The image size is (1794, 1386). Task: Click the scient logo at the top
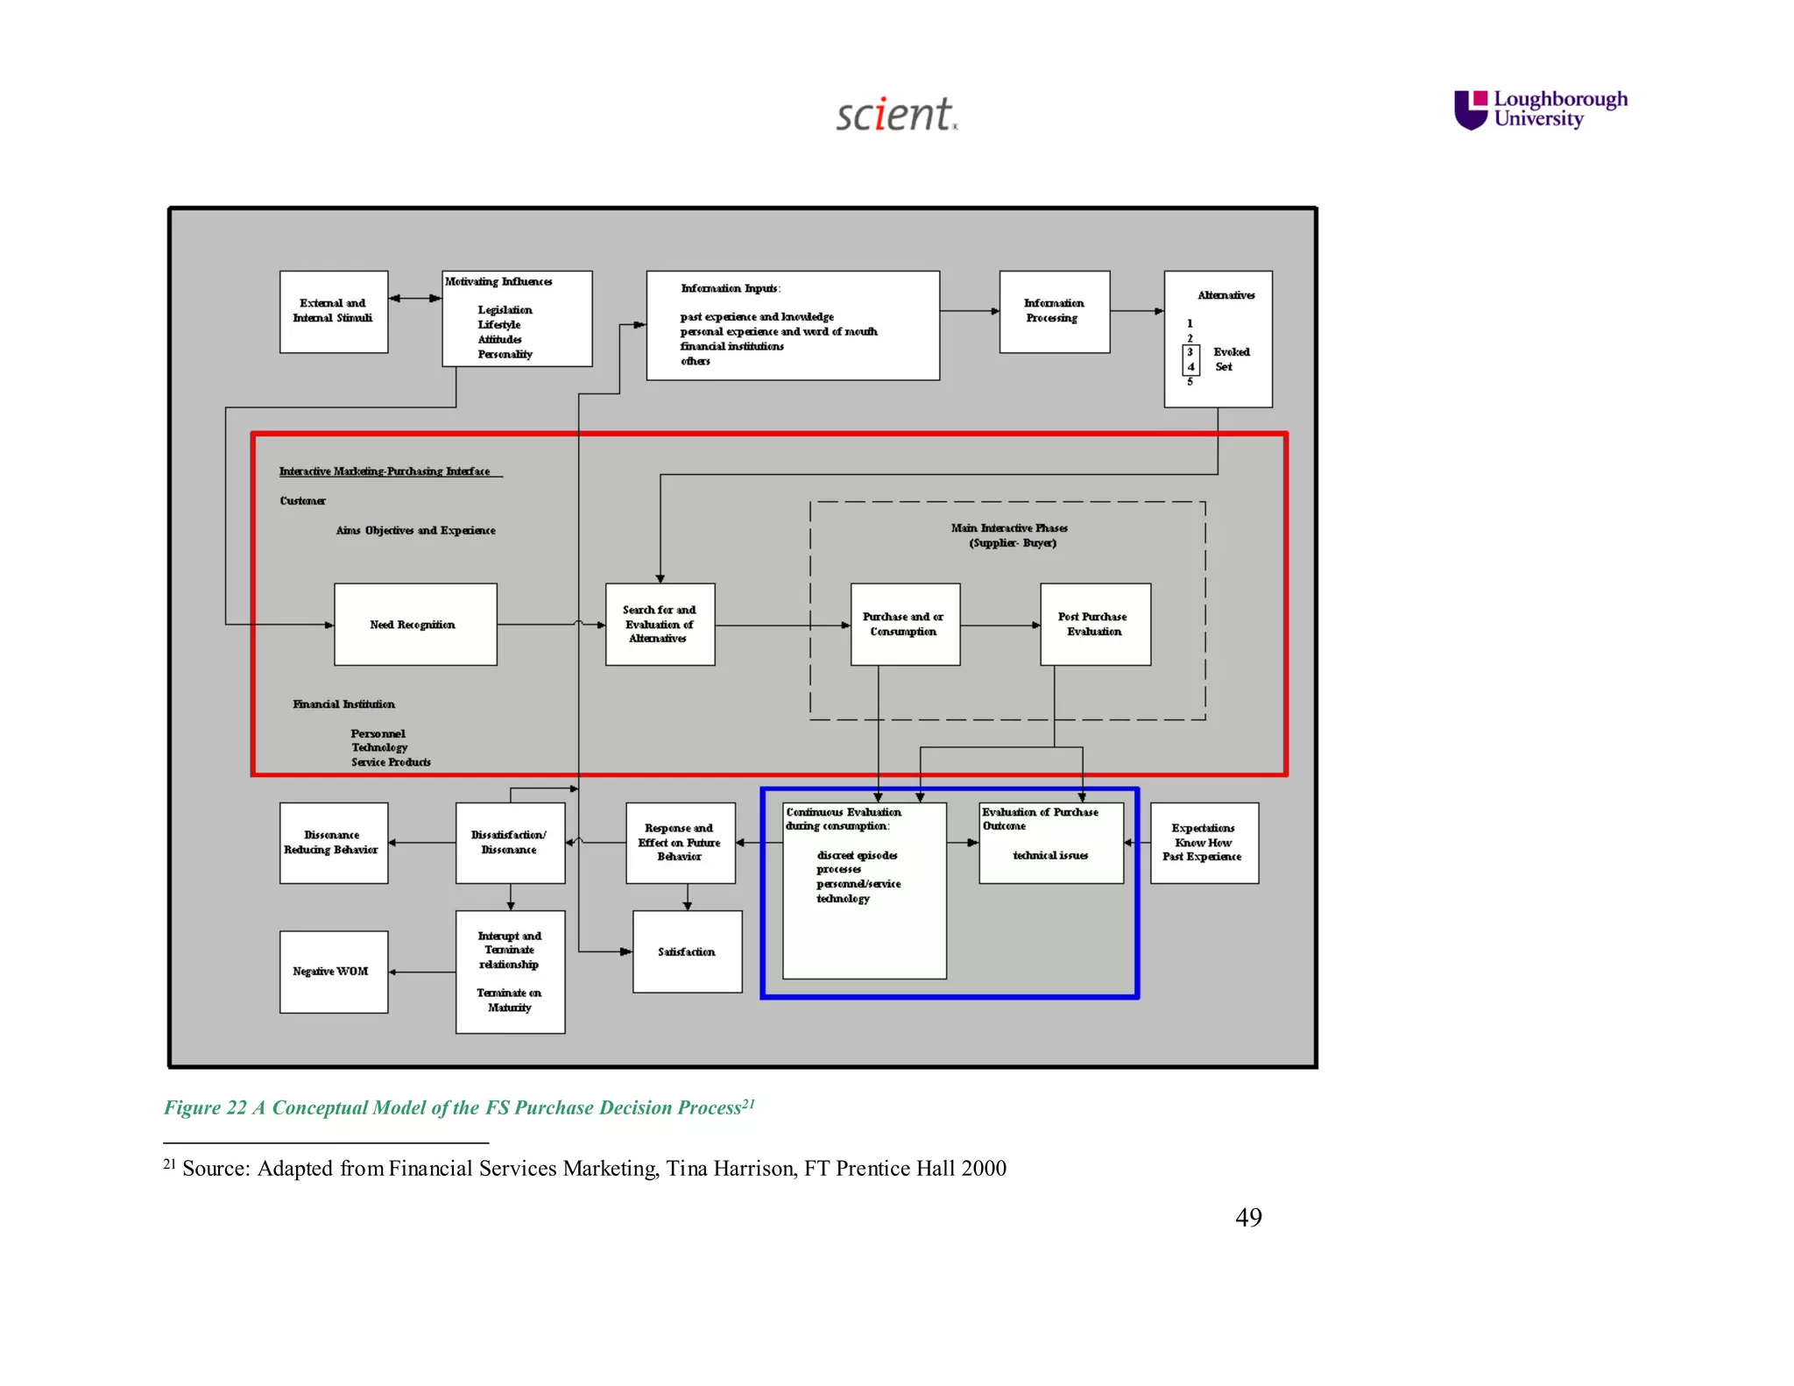895,115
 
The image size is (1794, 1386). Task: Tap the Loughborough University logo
1541,110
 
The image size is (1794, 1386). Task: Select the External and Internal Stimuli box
333,312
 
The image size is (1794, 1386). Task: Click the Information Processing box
1054,312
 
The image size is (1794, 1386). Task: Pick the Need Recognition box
415,625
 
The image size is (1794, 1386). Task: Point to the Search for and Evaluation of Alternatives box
660,625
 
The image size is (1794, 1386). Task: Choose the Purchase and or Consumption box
904,625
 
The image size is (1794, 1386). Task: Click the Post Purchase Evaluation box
1095,625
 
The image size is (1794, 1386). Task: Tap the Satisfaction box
687,951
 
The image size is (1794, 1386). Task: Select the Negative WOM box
333,972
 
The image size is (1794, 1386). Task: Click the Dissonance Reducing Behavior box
333,843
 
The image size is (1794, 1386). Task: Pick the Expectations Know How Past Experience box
1204,843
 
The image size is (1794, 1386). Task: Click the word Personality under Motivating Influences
505,355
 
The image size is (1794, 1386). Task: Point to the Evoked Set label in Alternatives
1230,359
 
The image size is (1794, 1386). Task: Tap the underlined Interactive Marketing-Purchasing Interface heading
385,471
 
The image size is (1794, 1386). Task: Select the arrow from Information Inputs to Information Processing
970,311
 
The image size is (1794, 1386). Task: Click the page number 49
1248,1217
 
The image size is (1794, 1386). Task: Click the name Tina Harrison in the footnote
730,1169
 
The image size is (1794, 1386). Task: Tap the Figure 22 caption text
458,1107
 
